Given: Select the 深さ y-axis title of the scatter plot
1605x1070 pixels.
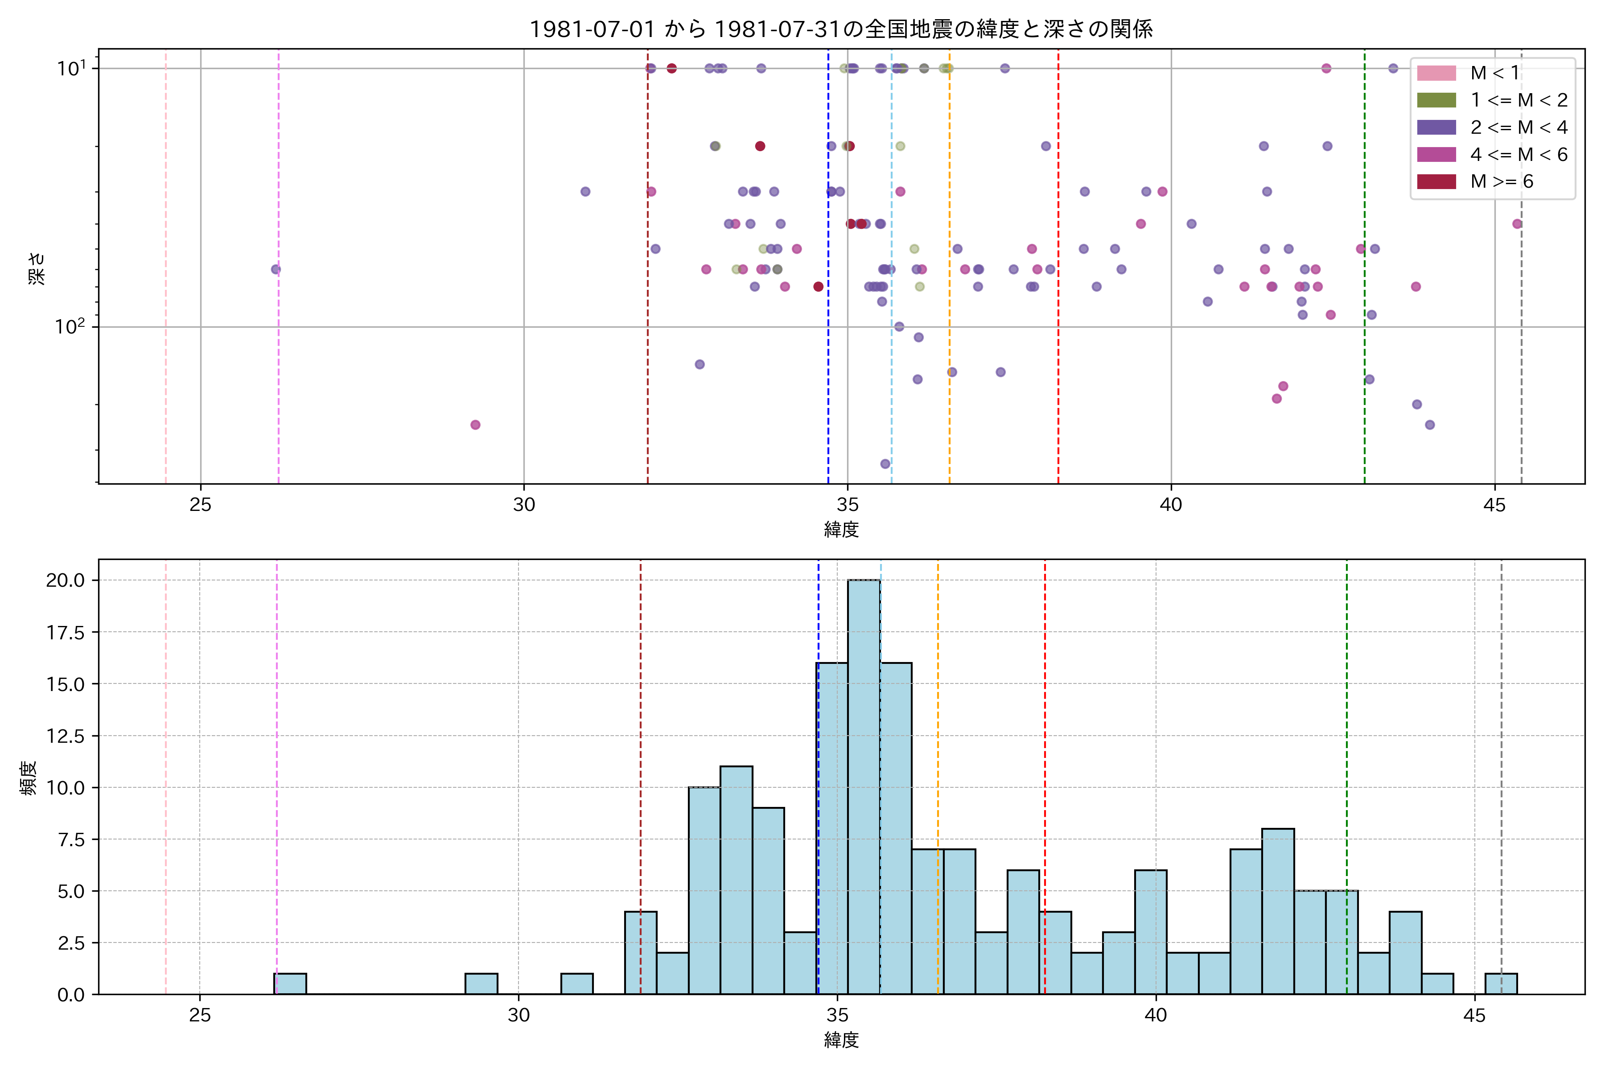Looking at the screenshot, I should [37, 268].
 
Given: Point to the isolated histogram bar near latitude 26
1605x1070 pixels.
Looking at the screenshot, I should [290, 984].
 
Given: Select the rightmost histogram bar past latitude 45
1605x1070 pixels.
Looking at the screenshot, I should [1501, 984].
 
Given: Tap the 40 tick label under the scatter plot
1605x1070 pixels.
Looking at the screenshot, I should [1171, 506].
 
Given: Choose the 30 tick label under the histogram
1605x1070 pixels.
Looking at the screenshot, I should [519, 1016].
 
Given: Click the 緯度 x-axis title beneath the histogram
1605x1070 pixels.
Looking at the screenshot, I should [841, 1041].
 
